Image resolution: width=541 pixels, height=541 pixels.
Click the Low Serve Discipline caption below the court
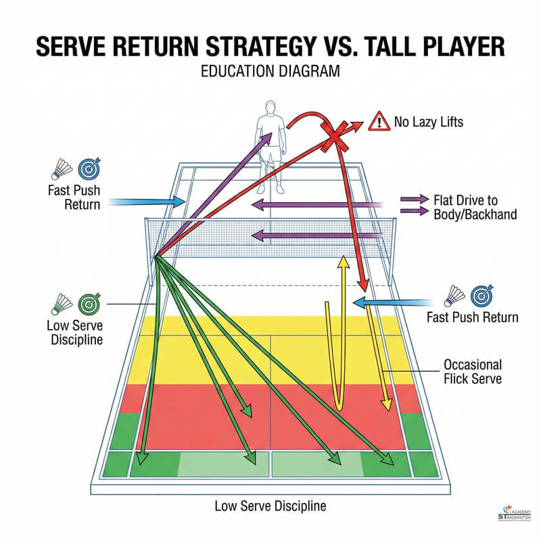[x=270, y=505]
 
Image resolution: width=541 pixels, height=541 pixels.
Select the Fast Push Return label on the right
[x=472, y=316]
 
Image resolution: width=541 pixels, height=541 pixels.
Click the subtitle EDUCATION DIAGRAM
[x=270, y=73]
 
